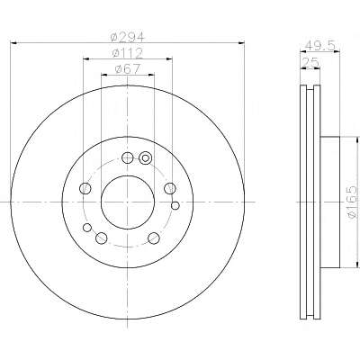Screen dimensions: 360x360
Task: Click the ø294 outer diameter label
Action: (x=128, y=38)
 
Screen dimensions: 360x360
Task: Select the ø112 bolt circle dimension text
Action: (x=127, y=53)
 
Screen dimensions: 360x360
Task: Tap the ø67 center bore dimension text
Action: (x=128, y=69)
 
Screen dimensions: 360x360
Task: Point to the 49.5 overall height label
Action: (x=319, y=46)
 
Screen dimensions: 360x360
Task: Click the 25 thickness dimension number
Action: (x=310, y=63)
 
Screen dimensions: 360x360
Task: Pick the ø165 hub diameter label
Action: (x=353, y=201)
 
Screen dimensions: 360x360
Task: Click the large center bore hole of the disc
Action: (x=128, y=202)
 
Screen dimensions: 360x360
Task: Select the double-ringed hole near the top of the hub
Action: (x=146, y=157)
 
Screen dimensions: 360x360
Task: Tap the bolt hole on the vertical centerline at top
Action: (x=128, y=157)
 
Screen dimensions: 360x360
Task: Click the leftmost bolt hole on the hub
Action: (x=85, y=188)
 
